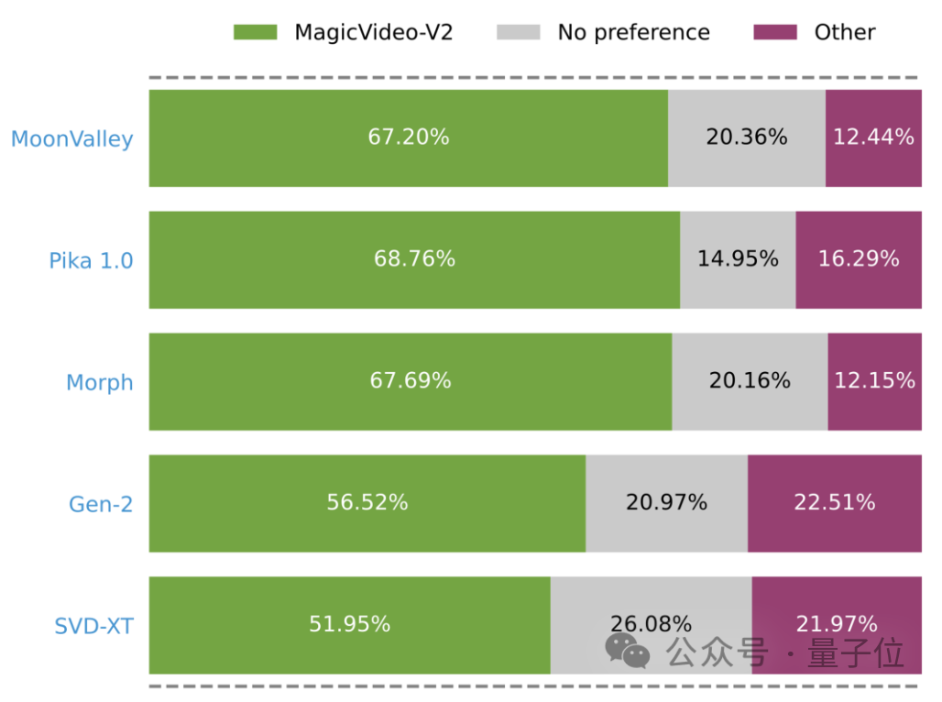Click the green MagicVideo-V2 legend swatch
point(255,32)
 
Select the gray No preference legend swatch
point(518,32)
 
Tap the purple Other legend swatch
point(774,32)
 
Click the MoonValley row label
point(72,139)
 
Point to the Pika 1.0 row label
point(91,260)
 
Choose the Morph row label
point(99,382)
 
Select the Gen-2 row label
point(101,503)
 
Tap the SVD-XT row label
point(93,626)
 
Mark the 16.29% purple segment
point(859,259)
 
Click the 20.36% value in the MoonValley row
point(746,137)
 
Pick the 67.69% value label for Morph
point(411,381)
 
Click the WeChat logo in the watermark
point(627,652)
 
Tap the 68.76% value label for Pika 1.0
point(414,259)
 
